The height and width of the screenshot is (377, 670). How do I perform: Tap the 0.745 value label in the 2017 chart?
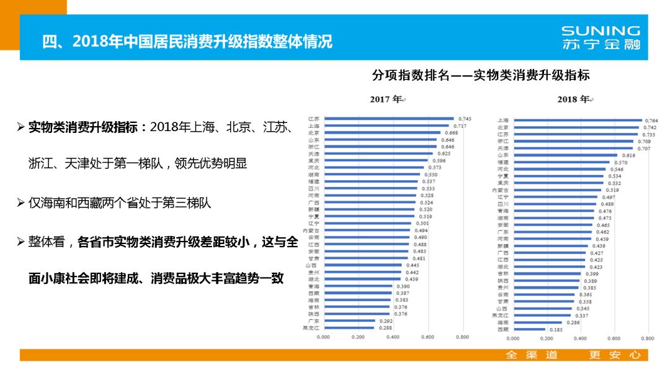pos(465,119)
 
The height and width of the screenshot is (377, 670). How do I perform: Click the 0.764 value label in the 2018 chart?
pos(651,120)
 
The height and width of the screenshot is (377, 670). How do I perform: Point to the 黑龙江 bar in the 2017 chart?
pos(349,327)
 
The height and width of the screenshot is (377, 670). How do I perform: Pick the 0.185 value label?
pos(555,330)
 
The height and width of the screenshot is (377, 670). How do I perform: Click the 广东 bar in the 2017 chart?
pos(349,321)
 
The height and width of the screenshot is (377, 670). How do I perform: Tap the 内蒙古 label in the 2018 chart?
pos(500,189)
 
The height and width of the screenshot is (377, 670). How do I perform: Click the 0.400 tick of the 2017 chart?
pos(393,337)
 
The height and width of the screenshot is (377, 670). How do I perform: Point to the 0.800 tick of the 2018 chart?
pos(647,339)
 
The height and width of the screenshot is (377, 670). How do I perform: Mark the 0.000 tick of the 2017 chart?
pos(323,337)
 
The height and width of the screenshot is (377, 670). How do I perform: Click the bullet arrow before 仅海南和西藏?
pos(20,203)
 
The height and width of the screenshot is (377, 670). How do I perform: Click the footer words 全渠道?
pos(532,355)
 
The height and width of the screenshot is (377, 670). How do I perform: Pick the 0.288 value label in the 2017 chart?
pos(385,327)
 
